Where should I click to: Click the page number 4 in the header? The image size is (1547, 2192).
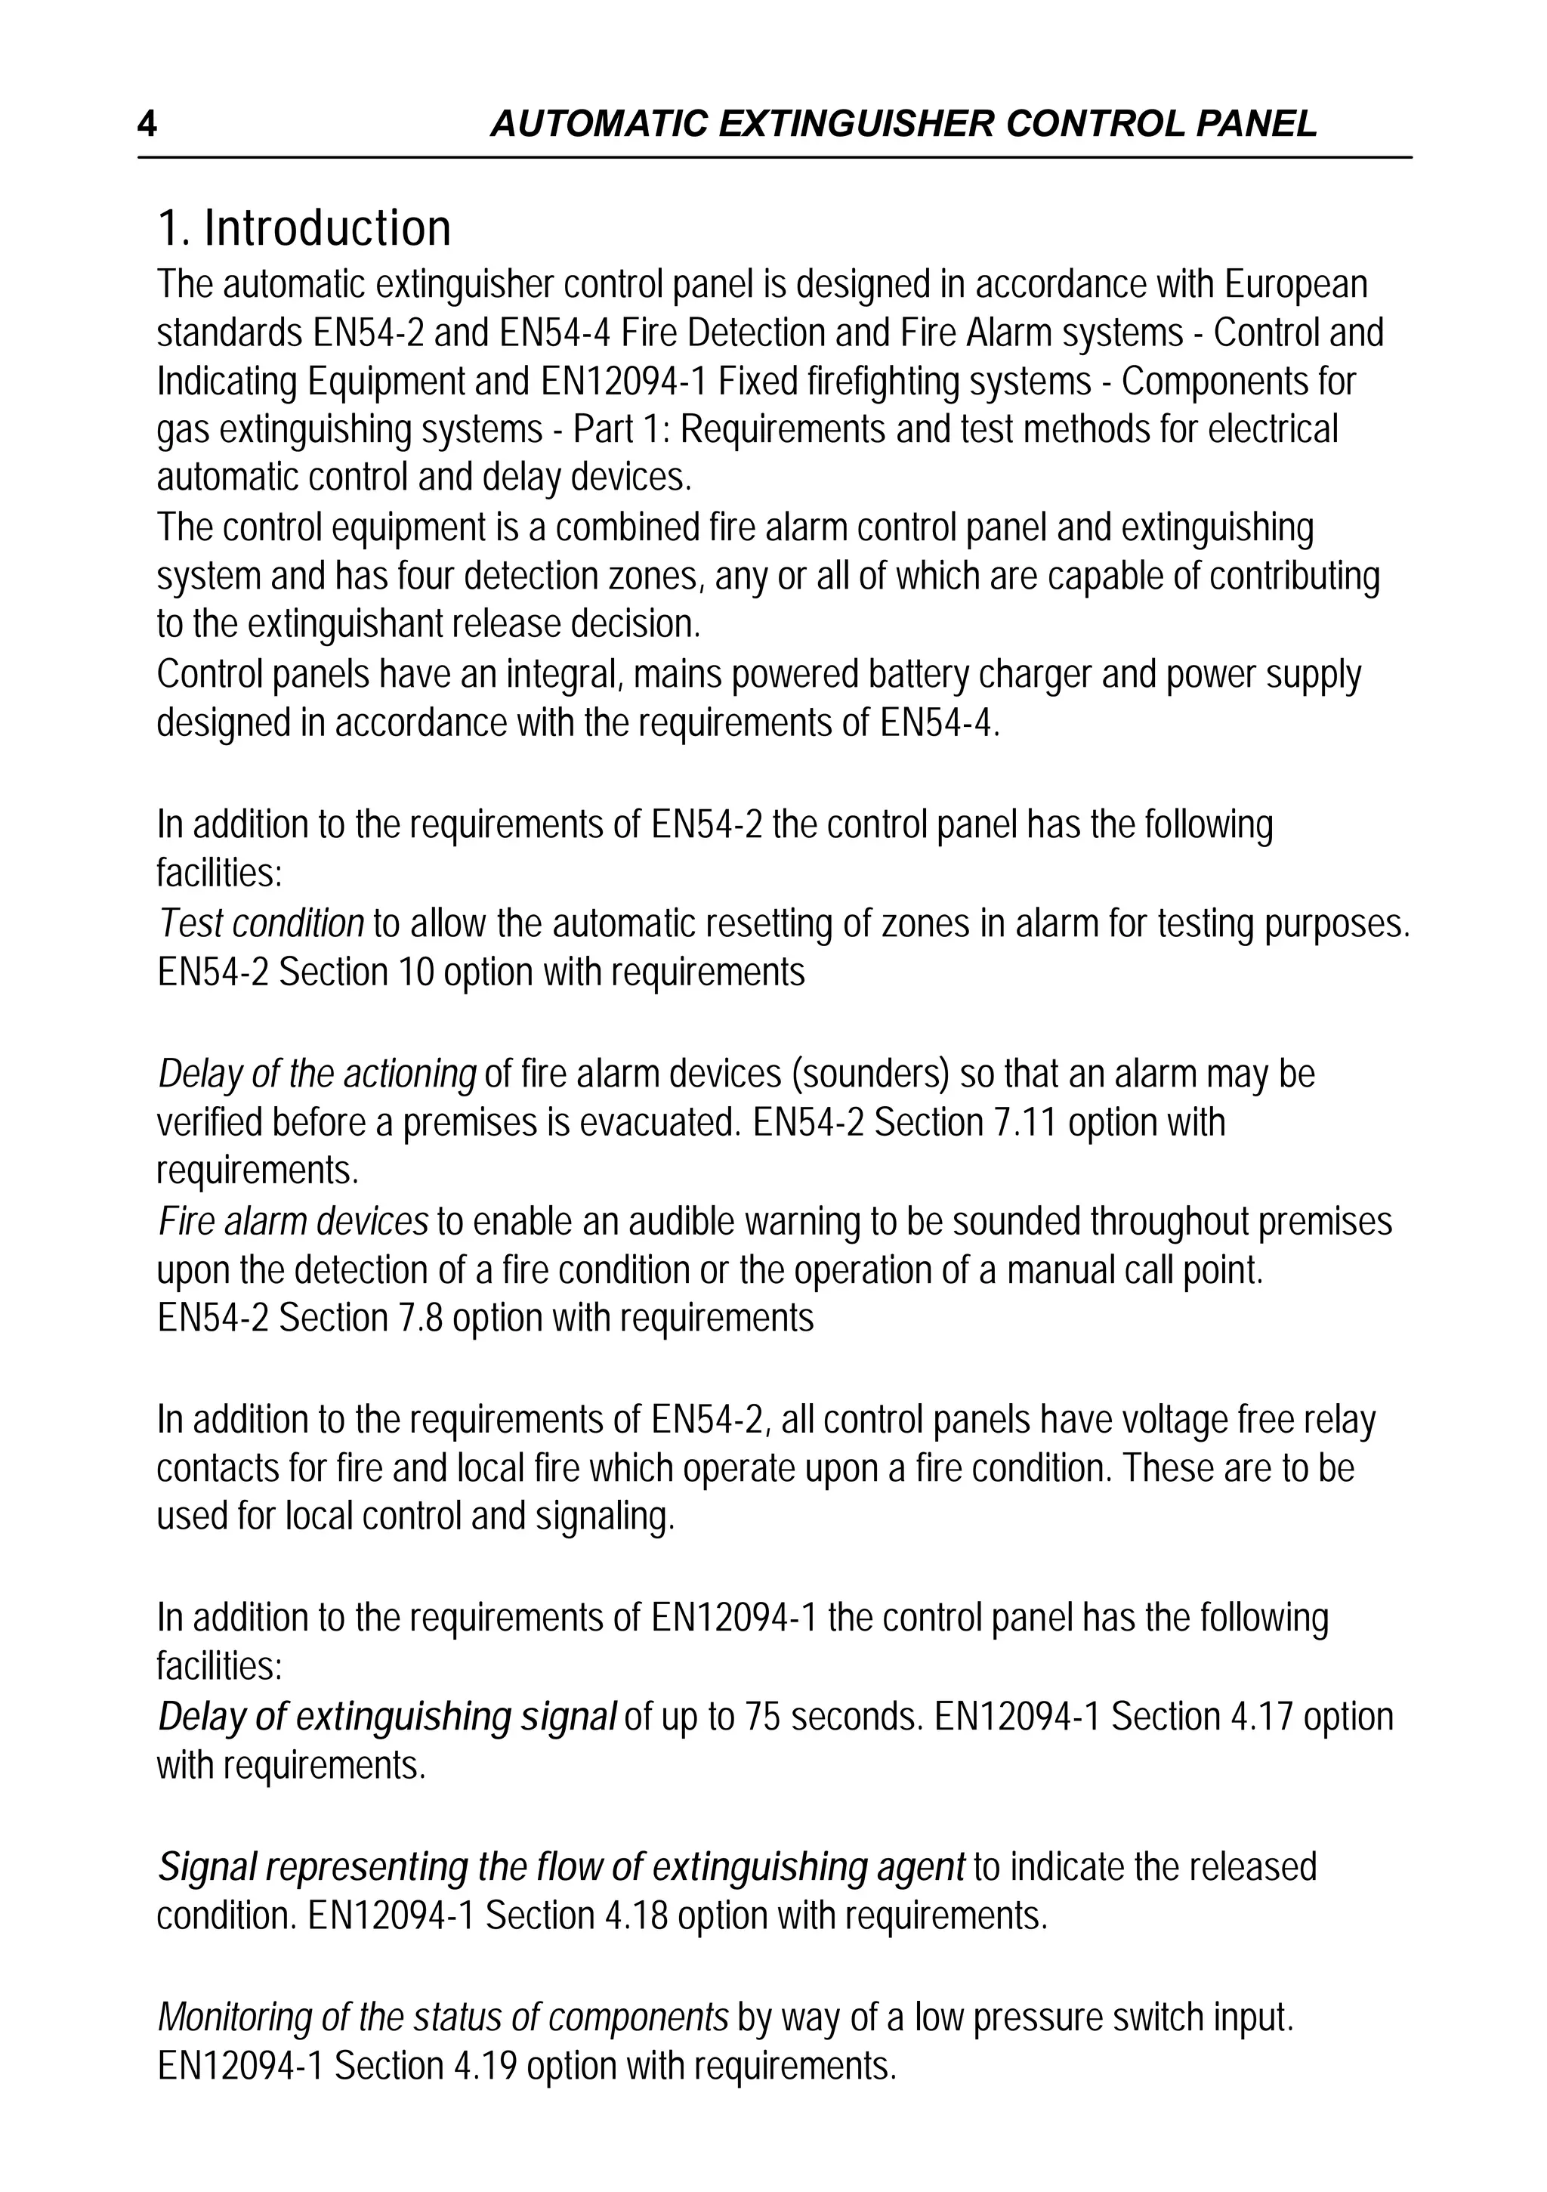[147, 124]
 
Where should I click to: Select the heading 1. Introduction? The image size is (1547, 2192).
[304, 228]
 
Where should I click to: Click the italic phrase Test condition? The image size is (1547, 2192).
[261, 924]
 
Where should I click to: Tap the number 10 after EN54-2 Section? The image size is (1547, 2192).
[416, 973]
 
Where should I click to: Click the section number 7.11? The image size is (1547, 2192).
[1027, 1123]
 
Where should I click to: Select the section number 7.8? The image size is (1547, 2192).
[416, 1319]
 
